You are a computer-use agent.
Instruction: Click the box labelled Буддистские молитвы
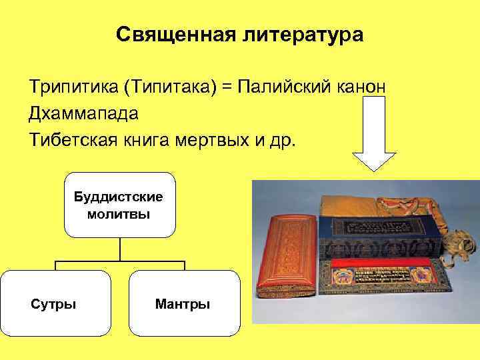point(119,205)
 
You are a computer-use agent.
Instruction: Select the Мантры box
point(183,303)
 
